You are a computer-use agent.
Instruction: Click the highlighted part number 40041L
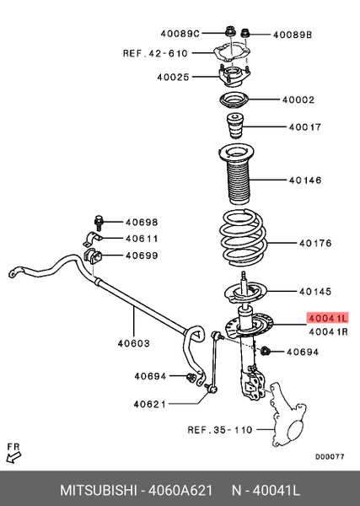click(327, 319)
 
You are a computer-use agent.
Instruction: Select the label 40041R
click(328, 331)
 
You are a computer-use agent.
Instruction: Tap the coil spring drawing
click(243, 239)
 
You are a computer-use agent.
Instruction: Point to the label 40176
click(315, 243)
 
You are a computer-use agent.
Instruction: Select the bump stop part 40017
click(235, 126)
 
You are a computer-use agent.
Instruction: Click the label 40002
click(298, 100)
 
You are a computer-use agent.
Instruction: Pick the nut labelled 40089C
click(228, 33)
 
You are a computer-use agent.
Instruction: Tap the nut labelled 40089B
click(245, 33)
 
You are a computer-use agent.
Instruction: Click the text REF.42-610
click(155, 53)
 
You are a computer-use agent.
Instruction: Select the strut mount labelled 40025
click(234, 76)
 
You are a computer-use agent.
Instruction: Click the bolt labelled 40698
click(98, 223)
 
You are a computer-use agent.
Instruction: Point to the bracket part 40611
click(93, 239)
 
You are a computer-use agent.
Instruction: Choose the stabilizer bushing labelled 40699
click(93, 256)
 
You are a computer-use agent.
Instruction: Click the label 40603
click(134, 343)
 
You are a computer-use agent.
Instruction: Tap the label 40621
click(150, 404)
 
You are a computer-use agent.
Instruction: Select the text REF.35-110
click(220, 430)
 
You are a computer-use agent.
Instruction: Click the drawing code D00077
click(330, 456)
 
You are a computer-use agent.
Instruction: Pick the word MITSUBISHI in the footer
click(99, 490)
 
